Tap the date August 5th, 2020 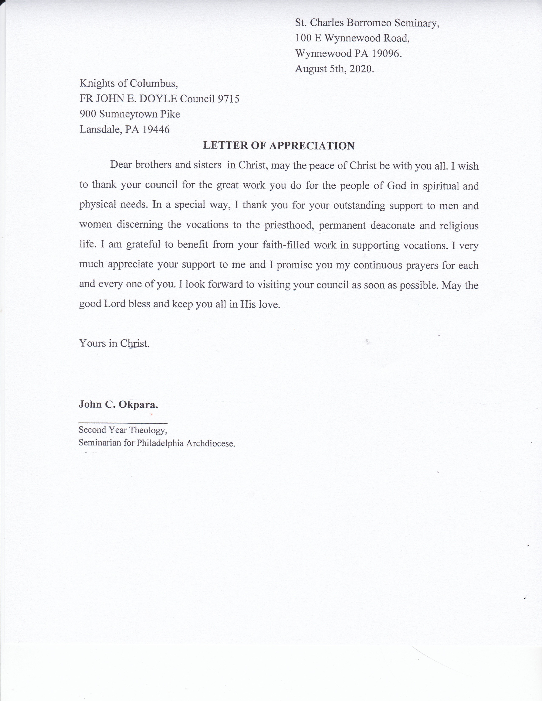(x=334, y=69)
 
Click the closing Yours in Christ (x=114, y=343)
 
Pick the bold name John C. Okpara (x=118, y=404)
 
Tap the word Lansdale (x=100, y=129)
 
